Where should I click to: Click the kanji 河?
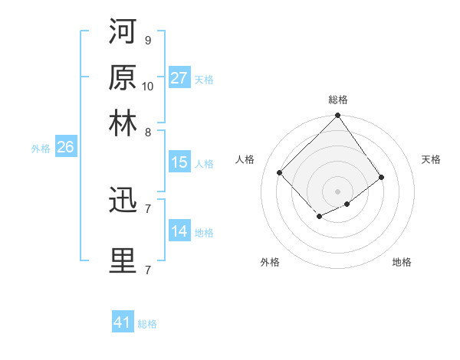pos(123,33)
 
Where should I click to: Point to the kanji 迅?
pos(123,201)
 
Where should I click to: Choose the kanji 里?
pos(123,260)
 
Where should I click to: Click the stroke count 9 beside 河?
pos(148,41)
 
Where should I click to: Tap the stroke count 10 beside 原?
pos(148,86)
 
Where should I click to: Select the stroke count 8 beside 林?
pos(148,131)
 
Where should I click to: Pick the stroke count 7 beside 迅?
pos(148,209)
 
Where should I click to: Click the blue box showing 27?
pos(179,77)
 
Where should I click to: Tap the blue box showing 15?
pos(179,162)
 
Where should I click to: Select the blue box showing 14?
pos(179,231)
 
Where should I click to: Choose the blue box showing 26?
pos(65,148)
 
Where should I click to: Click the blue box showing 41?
pos(123,322)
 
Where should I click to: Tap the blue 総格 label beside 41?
pos(147,324)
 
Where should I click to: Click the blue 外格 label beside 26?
pos(41,149)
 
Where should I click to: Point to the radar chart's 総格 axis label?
pos(338,100)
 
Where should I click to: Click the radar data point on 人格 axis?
pos(280,172)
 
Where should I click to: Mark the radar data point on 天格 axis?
pos(382,178)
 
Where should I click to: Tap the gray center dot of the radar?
pos(338,191)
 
